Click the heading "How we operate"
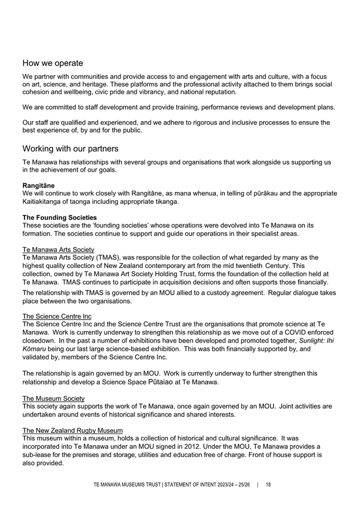(x=52, y=63)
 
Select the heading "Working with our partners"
(x=70, y=149)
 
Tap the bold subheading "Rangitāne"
(x=39, y=185)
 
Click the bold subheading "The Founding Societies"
(x=59, y=217)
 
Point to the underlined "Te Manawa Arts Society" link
(x=58, y=249)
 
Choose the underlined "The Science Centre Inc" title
(x=57, y=315)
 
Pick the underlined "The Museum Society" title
(x=53, y=398)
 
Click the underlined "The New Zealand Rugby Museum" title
(x=73, y=430)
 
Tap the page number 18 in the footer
(x=268, y=485)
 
